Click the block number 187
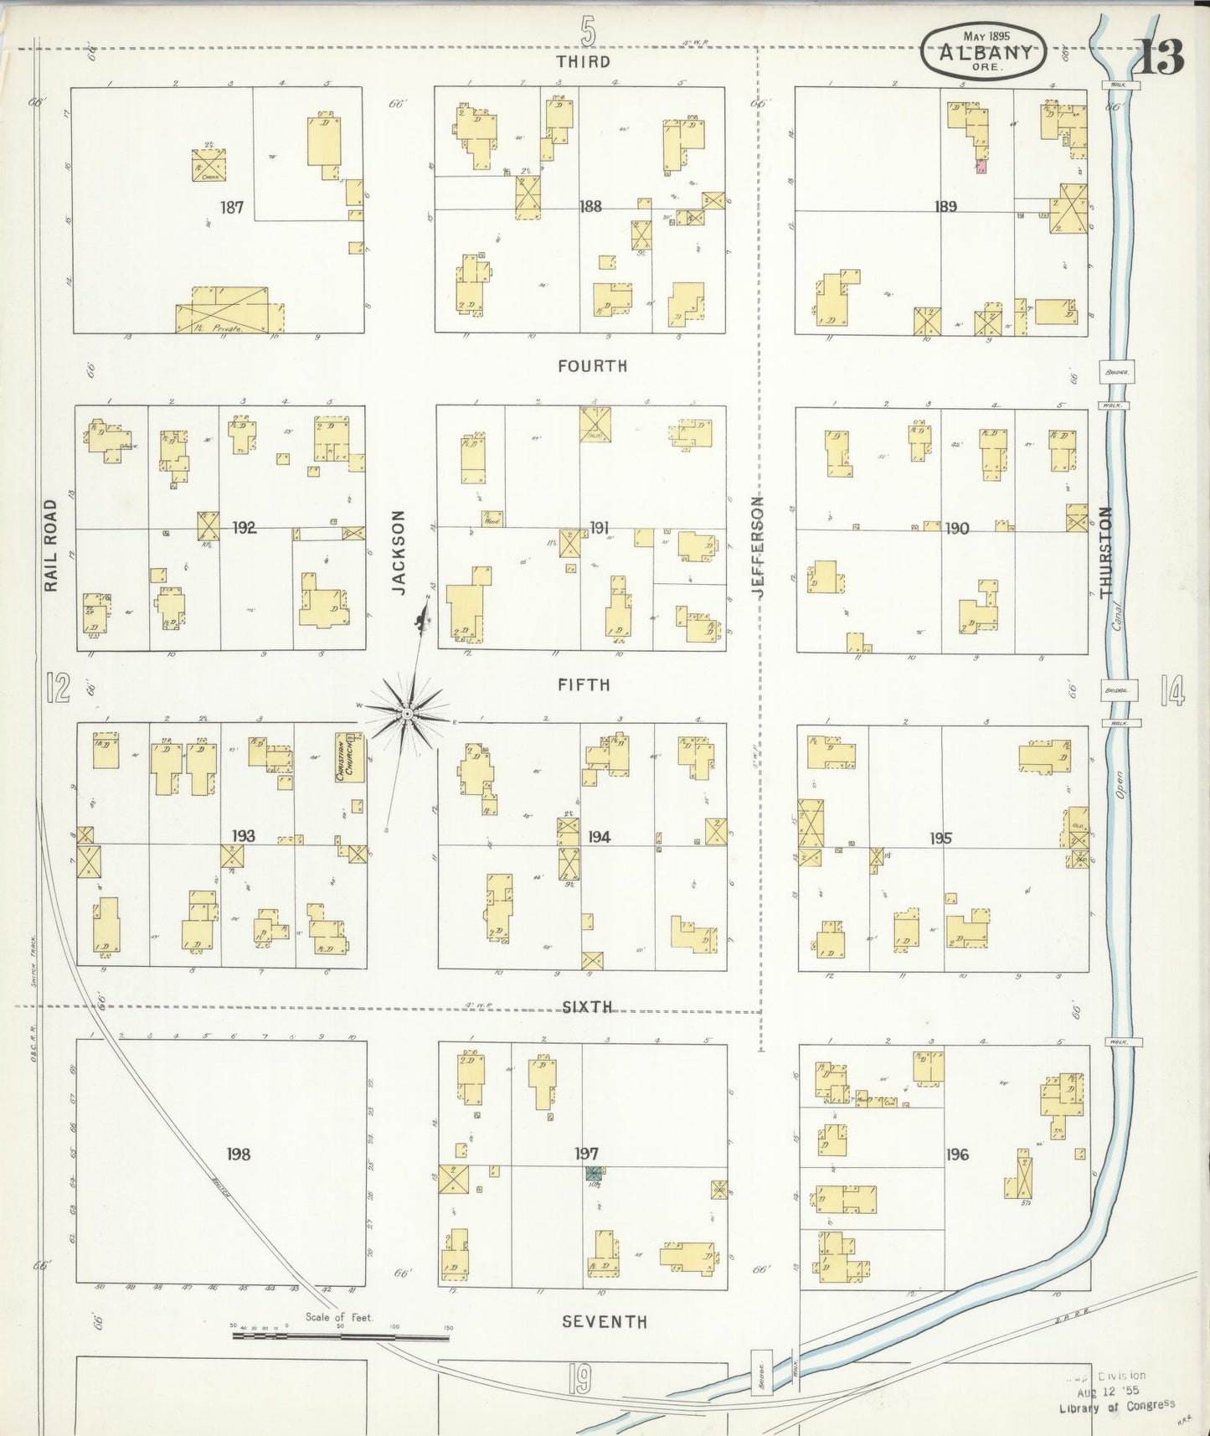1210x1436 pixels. [x=231, y=207]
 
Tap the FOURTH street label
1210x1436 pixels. [x=592, y=365]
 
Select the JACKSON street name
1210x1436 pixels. [x=399, y=553]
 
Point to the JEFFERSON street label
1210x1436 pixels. [x=759, y=546]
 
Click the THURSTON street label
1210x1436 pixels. [x=1106, y=553]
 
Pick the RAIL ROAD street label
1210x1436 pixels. [x=52, y=545]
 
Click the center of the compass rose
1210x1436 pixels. [x=406, y=714]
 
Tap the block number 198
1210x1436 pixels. [x=239, y=1154]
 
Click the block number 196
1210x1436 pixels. [x=956, y=1154]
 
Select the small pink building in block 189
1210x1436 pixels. [x=981, y=167]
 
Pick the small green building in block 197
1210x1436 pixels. [x=594, y=1174]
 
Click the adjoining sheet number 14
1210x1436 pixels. [x=1172, y=691]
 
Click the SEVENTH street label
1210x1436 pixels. [x=604, y=1322]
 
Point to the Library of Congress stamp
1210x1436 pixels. [x=1116, y=1390]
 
